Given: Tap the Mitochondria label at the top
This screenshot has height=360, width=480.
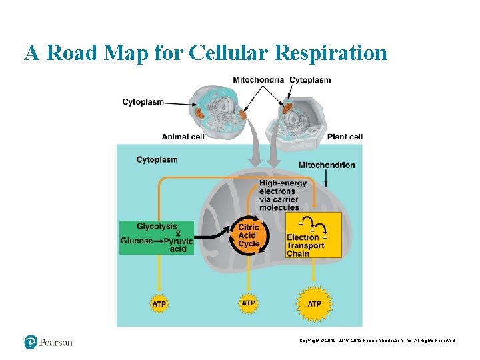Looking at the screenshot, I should pos(259,80).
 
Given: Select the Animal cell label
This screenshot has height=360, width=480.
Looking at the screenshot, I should pos(183,137).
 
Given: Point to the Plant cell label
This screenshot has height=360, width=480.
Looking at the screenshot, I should pos(345,137).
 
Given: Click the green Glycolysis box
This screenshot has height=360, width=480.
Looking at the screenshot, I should pos(157,237).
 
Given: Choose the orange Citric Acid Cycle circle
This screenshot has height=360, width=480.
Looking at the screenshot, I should pos(249,235).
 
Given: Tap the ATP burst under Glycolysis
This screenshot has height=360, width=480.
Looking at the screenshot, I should pos(159,304).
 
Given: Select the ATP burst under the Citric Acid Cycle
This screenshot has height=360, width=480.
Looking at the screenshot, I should pos(249,303).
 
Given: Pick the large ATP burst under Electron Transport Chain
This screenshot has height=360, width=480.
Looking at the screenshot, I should pos(314,304).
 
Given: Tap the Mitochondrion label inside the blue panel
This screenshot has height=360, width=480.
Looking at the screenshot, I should pos(327,165).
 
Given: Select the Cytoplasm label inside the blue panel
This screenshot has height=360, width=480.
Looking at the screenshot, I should pos(157,159).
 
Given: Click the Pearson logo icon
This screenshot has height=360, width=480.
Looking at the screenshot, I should pos(31,342).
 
